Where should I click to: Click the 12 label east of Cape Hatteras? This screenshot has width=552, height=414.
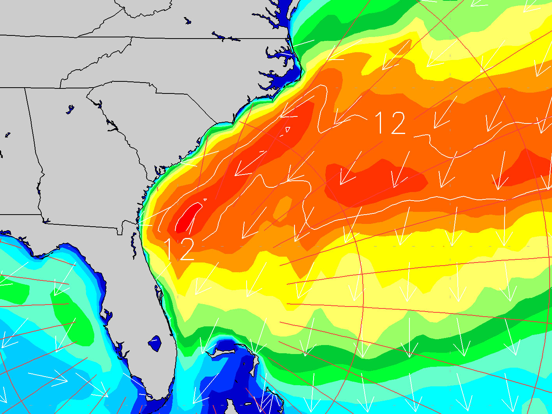click(x=390, y=123)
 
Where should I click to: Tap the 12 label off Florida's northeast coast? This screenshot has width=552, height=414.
click(x=179, y=249)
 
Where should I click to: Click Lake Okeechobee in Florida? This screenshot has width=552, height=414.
click(x=155, y=343)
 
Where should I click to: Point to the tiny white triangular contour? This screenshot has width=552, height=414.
click(x=288, y=129)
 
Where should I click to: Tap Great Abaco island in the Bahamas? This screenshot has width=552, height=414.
click(x=256, y=360)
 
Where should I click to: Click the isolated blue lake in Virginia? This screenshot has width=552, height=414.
click(x=188, y=21)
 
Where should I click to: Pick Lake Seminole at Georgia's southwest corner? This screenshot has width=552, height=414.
click(x=46, y=222)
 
